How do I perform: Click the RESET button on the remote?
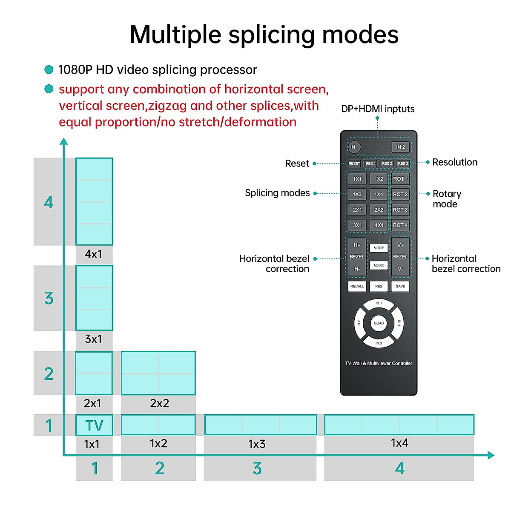point(354,164)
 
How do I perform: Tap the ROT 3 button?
point(400,210)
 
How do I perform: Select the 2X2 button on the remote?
point(379,210)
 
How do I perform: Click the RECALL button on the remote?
point(357,286)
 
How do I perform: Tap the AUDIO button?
point(379,265)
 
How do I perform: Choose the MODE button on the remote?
point(379,248)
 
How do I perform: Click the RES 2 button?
point(387,164)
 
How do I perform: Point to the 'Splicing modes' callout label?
point(277,193)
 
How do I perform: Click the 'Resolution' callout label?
point(454,162)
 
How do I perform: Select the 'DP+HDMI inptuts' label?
point(378,109)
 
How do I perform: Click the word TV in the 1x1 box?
point(94,425)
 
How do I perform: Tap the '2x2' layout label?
point(159,403)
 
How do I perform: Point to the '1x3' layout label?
point(257,444)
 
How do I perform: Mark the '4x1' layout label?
point(93,254)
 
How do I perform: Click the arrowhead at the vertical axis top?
point(63,141)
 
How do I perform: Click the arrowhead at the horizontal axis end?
point(491,455)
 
